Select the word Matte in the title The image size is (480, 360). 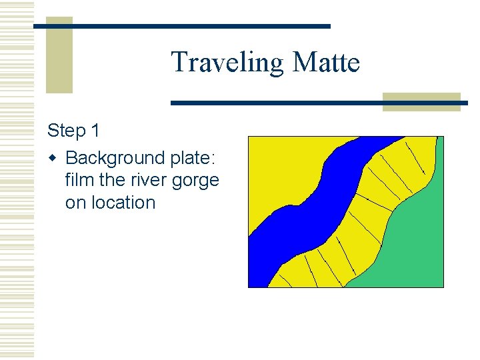click(x=326, y=63)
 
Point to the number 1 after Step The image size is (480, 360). click(x=97, y=131)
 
